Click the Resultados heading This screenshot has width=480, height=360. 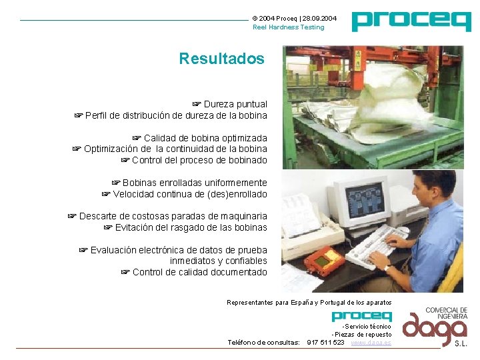(x=221, y=59)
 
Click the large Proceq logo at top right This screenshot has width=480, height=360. (x=411, y=21)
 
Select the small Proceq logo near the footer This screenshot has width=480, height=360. (x=361, y=315)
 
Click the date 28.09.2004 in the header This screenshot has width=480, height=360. (x=320, y=18)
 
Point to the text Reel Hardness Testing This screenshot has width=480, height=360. (x=288, y=27)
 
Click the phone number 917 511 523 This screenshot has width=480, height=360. (x=325, y=342)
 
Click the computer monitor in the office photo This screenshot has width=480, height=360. (x=359, y=199)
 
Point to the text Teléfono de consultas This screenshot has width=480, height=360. (x=263, y=342)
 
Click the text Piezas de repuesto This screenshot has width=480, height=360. (x=362, y=334)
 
